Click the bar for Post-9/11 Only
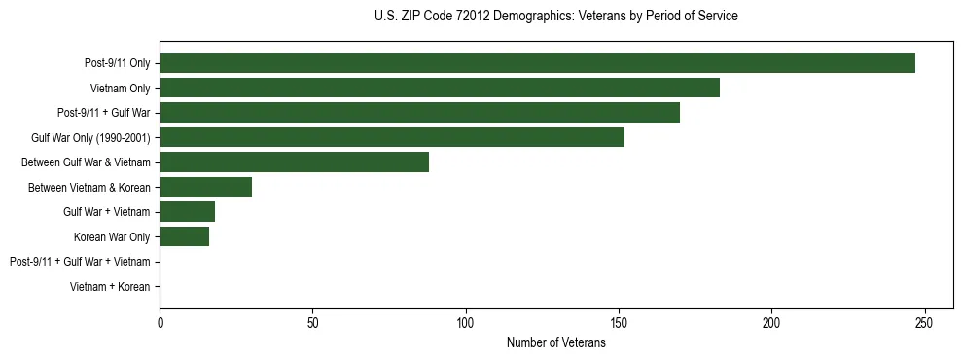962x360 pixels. coord(537,63)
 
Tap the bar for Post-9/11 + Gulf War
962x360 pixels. coord(419,113)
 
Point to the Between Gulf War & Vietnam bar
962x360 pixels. coord(294,162)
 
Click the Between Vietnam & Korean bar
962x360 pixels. coord(205,187)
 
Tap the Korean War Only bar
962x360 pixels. coord(184,236)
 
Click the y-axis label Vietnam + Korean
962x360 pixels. coord(110,287)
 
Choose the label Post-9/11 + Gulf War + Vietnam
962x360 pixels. coord(80,262)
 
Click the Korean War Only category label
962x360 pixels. coord(112,236)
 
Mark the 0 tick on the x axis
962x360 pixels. coord(160,322)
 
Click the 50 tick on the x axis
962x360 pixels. coord(312,322)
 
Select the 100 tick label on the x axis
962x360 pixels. coord(466,322)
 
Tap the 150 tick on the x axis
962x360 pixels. coord(619,322)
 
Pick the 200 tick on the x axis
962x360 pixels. coord(771,322)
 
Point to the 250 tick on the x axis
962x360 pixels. coord(924,322)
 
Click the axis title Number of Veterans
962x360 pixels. coord(555,342)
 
